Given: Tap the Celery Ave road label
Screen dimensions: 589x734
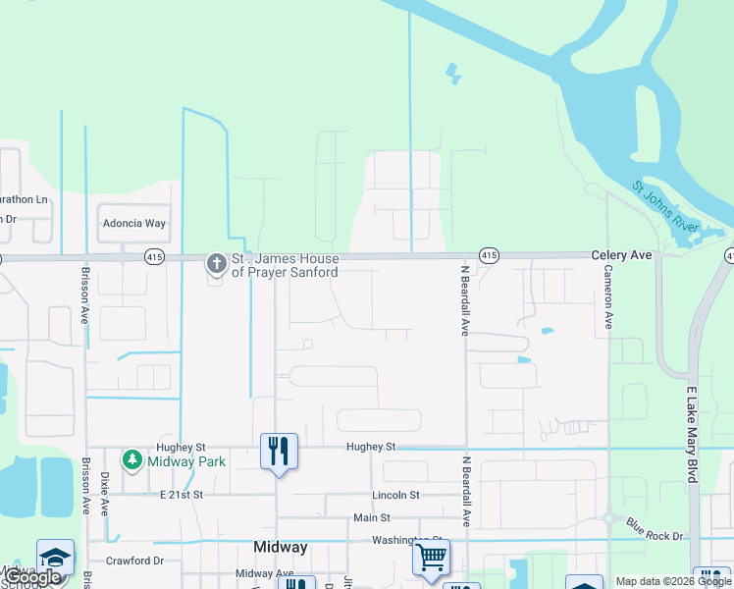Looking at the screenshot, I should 622,255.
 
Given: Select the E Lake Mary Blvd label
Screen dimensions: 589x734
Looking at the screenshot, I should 692,434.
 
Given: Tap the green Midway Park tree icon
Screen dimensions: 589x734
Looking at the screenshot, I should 132,459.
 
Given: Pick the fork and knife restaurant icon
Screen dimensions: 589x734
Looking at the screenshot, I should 279,451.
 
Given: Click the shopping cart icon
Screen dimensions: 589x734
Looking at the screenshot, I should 431,557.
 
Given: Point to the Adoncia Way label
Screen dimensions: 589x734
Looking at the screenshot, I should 134,224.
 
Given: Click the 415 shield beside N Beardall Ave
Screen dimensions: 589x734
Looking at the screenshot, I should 489,255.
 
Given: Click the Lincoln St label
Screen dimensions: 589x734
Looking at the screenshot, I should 395,496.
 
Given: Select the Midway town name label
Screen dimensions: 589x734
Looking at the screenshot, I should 281,548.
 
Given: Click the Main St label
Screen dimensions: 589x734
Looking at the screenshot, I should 372,517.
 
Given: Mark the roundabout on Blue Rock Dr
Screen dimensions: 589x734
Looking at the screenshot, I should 608,517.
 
